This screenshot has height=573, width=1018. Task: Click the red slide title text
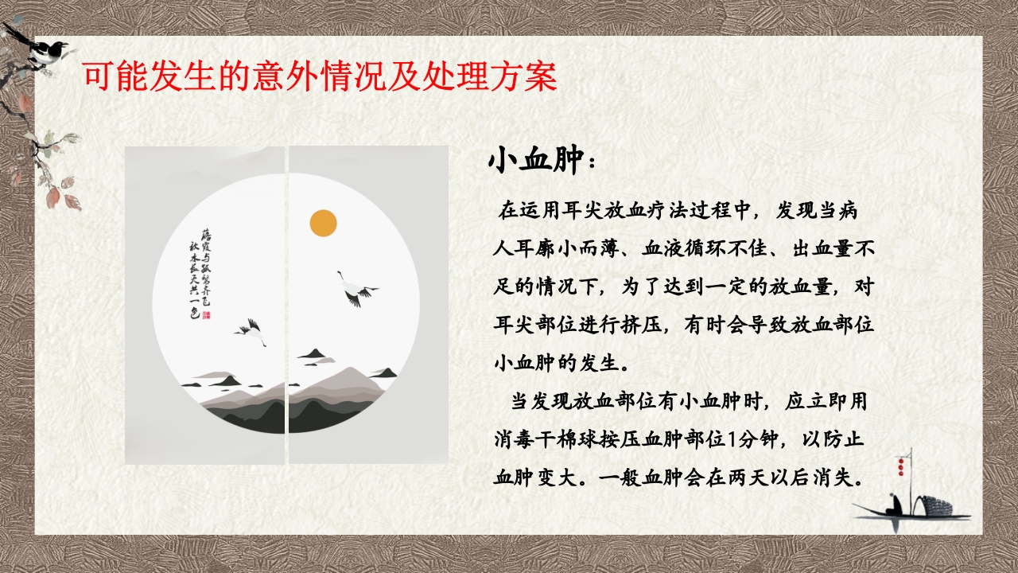(320, 77)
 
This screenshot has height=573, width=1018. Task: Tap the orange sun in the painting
(323, 223)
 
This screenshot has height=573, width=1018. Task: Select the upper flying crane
(355, 289)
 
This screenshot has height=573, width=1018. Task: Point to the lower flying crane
(251, 332)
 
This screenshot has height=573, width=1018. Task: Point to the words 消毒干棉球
(541, 439)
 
